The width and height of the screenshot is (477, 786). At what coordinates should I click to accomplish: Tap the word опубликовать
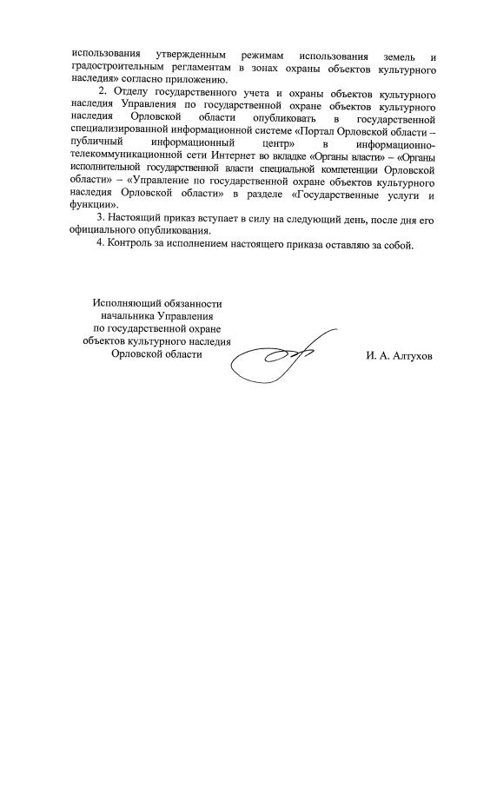pos(283,117)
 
